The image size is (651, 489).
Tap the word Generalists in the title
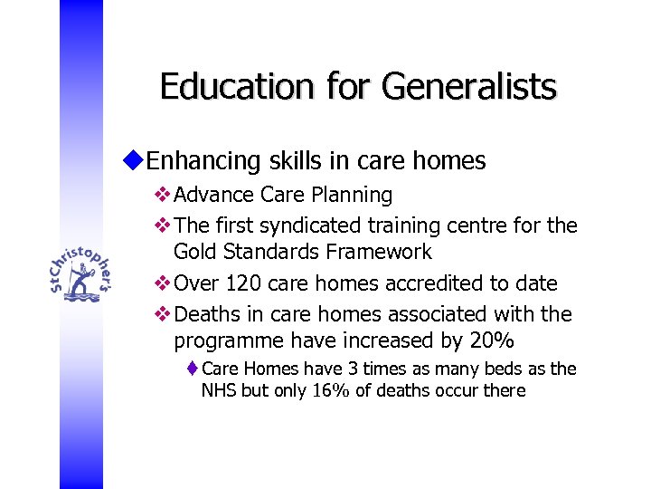pos(468,87)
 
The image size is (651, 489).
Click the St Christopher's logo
pos(81,268)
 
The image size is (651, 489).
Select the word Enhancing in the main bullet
pos(204,161)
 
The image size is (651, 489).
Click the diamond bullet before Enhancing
pos(135,160)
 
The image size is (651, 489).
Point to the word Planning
pos(354,196)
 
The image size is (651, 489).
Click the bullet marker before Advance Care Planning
pos(163,195)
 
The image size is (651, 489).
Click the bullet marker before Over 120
pos(163,283)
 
